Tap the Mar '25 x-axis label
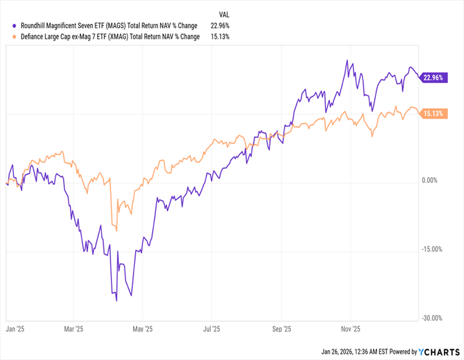74,329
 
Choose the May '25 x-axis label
143,329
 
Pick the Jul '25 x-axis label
211,329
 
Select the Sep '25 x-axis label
281,329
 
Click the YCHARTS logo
438,351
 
